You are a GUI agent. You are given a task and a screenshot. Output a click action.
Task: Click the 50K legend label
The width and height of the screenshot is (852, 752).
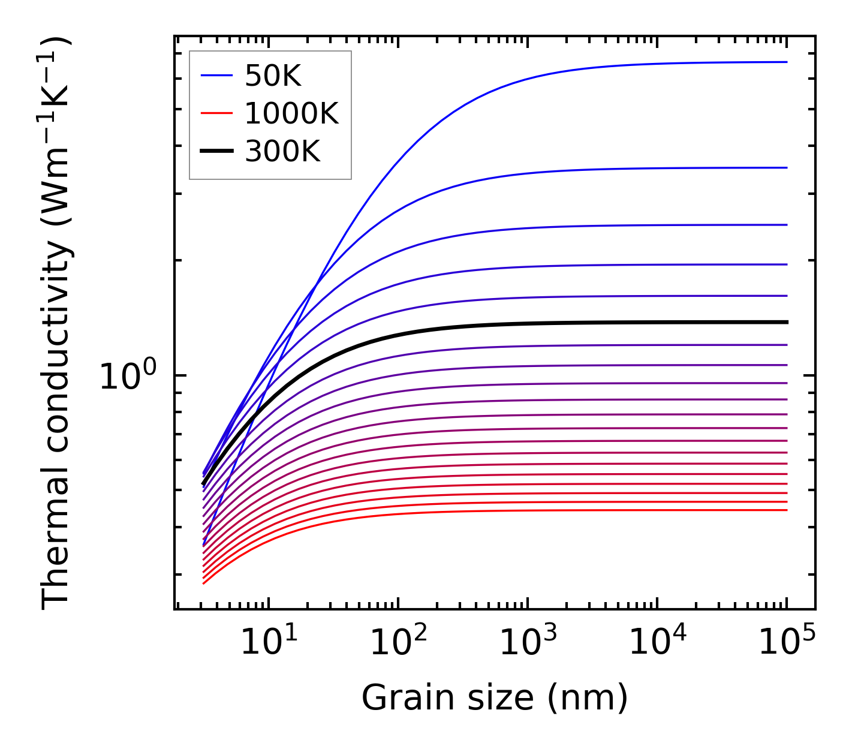[x=273, y=76]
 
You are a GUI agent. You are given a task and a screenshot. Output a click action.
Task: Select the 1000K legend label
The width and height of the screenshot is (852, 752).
[x=291, y=113]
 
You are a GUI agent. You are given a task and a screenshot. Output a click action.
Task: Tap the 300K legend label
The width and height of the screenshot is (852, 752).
[x=282, y=152]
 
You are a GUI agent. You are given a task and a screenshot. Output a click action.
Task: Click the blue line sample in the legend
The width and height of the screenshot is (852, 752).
[x=216, y=76]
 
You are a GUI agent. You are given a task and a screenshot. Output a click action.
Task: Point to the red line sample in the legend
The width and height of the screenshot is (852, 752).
[x=216, y=113]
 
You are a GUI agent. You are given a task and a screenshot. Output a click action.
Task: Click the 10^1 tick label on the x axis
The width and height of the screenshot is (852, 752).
[x=268, y=643]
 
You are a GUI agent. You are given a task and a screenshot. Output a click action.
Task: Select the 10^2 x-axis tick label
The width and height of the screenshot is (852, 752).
[x=398, y=643]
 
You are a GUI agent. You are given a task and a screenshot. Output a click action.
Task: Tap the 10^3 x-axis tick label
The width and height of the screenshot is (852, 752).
[x=528, y=643]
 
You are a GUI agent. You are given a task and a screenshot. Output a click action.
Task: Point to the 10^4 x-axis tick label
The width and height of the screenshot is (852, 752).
[x=657, y=643]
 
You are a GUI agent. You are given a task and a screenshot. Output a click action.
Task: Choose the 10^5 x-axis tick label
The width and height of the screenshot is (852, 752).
[x=787, y=643]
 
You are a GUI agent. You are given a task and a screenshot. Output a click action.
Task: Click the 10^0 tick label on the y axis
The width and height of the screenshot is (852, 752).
[x=127, y=376]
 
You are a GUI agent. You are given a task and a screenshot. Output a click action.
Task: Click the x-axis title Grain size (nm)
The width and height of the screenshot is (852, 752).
[x=495, y=698]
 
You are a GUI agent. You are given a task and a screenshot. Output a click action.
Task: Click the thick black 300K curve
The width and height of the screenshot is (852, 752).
[x=480, y=325]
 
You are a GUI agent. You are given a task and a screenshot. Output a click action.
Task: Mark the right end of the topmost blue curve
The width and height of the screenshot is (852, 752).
[x=785, y=62]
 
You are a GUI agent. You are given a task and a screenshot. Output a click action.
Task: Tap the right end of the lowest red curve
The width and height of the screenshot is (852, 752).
[x=785, y=510]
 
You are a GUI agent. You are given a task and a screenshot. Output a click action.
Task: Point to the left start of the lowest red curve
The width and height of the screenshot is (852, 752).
[x=204, y=583]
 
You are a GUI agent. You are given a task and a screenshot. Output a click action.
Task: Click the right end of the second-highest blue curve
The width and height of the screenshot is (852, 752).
[x=785, y=167]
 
